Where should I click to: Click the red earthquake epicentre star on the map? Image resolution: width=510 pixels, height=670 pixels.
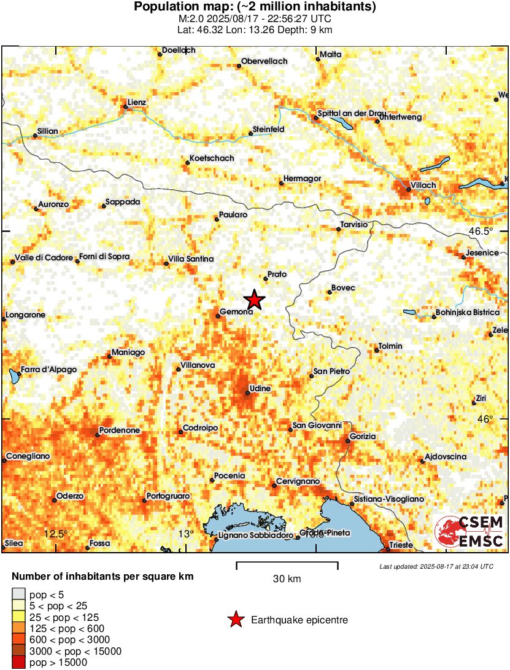click(x=254, y=300)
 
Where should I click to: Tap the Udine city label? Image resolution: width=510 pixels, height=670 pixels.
click(x=258, y=389)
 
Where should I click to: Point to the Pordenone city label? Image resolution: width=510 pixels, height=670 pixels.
click(x=120, y=430)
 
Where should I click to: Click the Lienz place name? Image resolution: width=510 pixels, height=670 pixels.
click(x=136, y=102)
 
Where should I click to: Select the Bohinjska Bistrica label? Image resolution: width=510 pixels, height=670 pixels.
click(x=466, y=313)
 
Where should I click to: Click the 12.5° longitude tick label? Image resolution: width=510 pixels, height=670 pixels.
click(x=56, y=533)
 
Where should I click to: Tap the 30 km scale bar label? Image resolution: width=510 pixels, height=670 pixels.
click(x=287, y=578)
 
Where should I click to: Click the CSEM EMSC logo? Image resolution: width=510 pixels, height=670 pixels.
click(x=470, y=532)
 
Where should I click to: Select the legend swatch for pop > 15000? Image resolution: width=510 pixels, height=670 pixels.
click(x=18, y=662)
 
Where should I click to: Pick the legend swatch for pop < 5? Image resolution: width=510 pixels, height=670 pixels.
click(x=18, y=593)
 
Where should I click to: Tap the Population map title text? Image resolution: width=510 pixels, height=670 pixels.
click(x=255, y=7)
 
